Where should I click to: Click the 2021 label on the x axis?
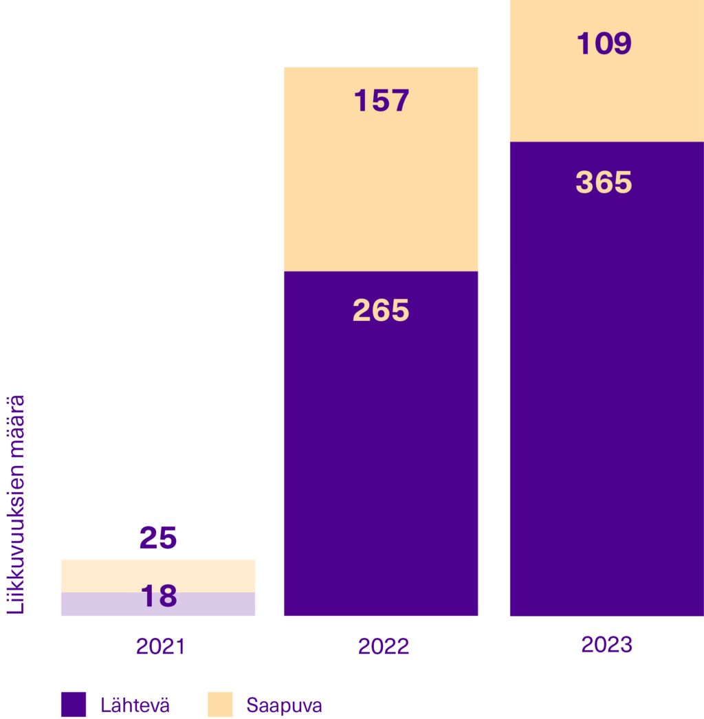pyautogui.click(x=160, y=647)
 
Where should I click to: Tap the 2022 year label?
pyautogui.click(x=383, y=647)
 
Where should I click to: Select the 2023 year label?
pyautogui.click(x=606, y=645)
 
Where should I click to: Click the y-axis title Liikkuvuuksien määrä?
pyautogui.click(x=16, y=504)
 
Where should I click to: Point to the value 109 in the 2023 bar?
pyautogui.click(x=604, y=44)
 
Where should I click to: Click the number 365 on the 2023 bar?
pyautogui.click(x=604, y=183)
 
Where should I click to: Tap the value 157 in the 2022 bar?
pyautogui.click(x=382, y=101)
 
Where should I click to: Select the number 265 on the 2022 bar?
pyautogui.click(x=381, y=311)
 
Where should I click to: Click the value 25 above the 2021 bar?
pyautogui.click(x=158, y=538)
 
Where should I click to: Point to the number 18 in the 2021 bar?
pyautogui.click(x=159, y=596)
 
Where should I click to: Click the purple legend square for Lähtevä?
pyautogui.click(x=73, y=705)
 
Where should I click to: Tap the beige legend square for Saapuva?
pyautogui.click(x=220, y=705)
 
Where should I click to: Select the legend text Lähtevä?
pyautogui.click(x=135, y=705)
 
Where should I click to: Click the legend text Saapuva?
pyautogui.click(x=284, y=705)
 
